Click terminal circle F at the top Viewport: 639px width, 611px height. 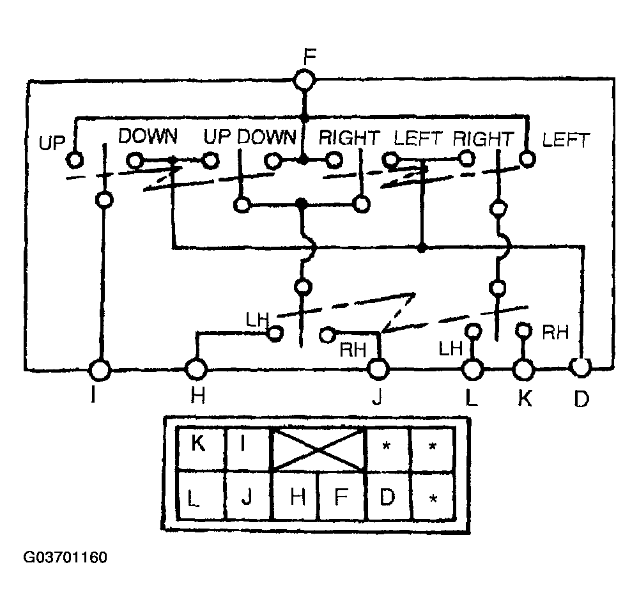coord(305,81)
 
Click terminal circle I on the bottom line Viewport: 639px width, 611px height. coord(100,369)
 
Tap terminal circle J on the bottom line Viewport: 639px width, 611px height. coord(378,369)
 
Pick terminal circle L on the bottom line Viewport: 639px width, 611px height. coord(472,369)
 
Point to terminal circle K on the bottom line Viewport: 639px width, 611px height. coord(524,369)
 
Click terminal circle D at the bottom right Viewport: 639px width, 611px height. coord(581,367)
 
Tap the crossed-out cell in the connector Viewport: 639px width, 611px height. coord(319,450)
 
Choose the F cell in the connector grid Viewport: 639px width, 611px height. coord(342,496)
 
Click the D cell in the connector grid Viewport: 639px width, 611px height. coord(388,496)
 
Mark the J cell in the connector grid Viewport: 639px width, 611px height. coord(247,496)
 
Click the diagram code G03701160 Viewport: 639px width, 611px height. coord(65,557)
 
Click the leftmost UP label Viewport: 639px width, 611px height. coord(52,142)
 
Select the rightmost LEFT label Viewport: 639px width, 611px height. coord(565,139)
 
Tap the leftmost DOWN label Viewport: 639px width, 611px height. coord(148,135)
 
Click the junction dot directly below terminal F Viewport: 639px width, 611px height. coord(305,118)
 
